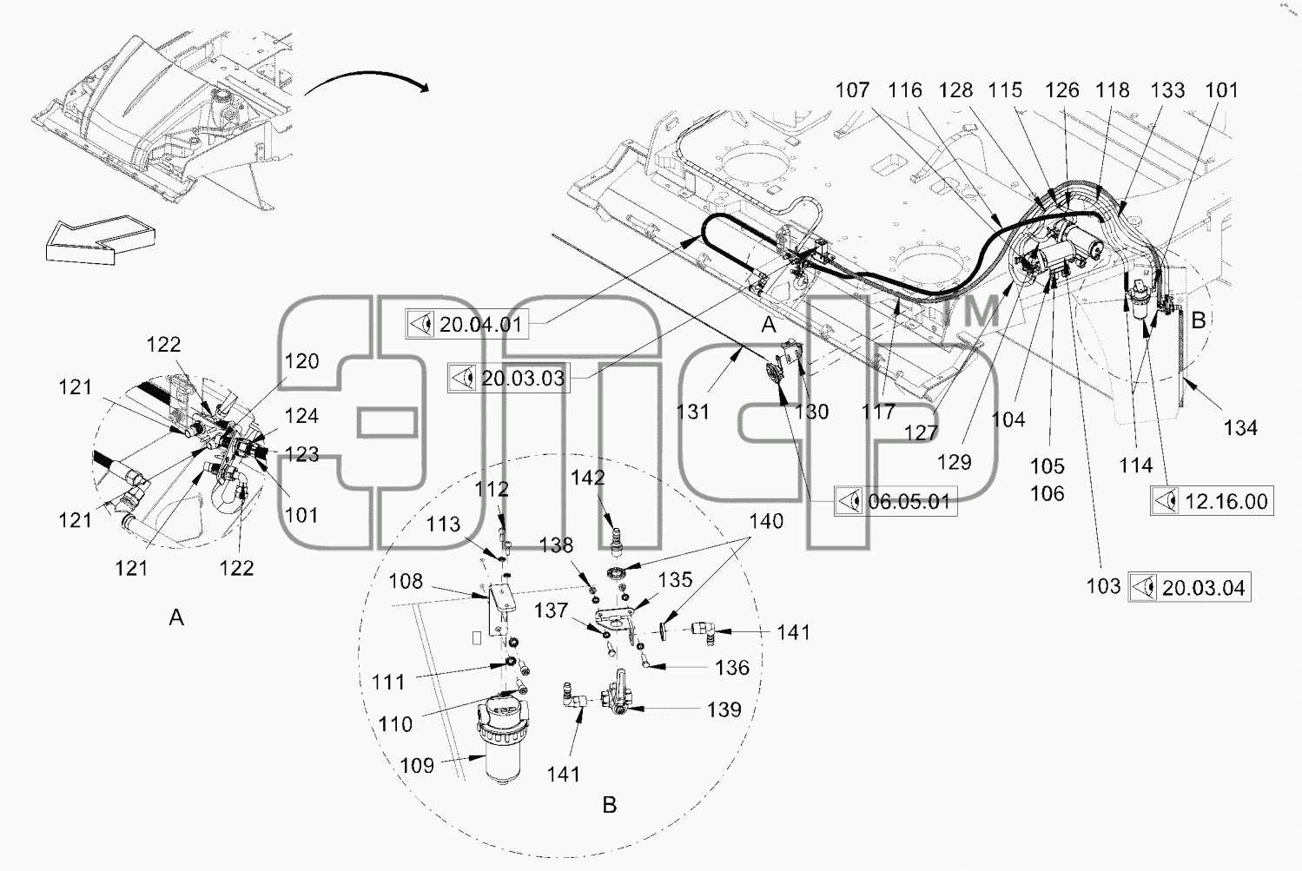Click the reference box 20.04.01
click(467, 324)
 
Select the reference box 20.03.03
click(509, 379)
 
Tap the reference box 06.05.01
click(896, 501)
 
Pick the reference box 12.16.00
click(1212, 501)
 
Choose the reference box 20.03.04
click(1189, 587)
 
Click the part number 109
click(417, 765)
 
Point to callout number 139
click(724, 709)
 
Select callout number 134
click(1240, 428)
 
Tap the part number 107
click(852, 90)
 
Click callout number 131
click(693, 412)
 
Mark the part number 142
click(588, 478)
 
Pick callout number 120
click(301, 361)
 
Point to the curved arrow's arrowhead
click(425, 88)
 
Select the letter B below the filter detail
click(609, 805)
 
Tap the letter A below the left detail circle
click(176, 617)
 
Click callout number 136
click(732, 668)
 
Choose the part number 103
click(1103, 585)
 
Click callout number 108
click(406, 581)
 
